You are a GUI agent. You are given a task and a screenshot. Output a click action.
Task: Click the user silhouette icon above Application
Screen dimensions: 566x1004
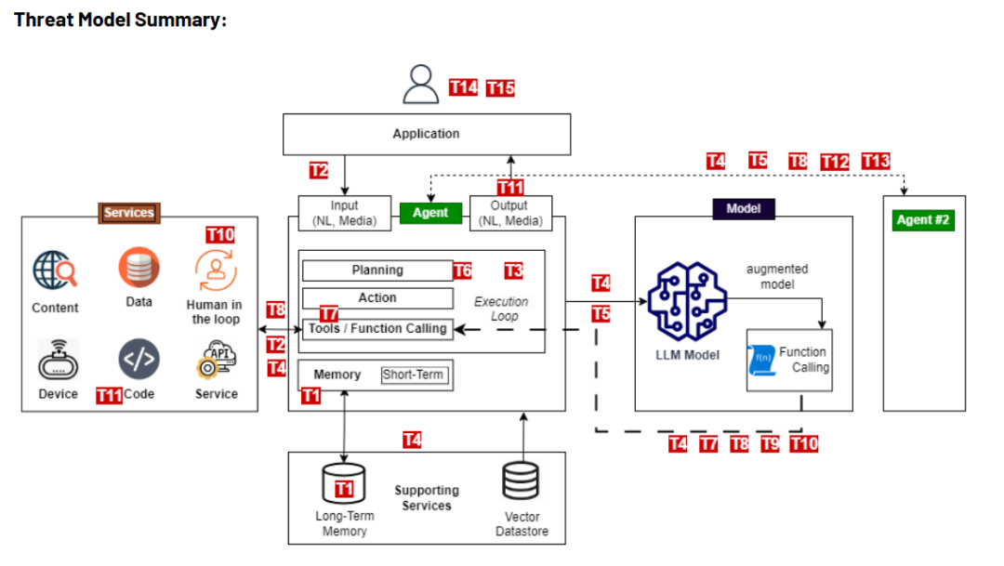click(x=421, y=86)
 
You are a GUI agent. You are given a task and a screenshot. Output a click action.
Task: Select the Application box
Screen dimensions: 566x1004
click(x=427, y=134)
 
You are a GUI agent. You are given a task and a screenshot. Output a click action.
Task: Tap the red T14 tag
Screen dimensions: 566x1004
click(x=463, y=87)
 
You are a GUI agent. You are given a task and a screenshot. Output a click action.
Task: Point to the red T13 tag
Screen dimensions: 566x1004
click(x=876, y=161)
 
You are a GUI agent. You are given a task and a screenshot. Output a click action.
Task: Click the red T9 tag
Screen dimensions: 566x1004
click(x=770, y=443)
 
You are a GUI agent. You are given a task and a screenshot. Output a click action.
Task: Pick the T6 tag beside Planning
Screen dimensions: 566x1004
click(x=462, y=270)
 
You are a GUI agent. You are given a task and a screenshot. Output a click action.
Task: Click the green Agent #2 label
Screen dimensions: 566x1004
click(x=922, y=220)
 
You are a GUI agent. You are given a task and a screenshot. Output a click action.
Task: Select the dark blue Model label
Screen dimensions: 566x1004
click(x=744, y=209)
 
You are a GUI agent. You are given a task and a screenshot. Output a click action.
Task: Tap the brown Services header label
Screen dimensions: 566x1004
click(x=128, y=213)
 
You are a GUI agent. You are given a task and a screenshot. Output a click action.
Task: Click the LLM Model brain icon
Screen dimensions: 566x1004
click(x=688, y=301)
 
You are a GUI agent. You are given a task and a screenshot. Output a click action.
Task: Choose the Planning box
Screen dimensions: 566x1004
click(x=377, y=270)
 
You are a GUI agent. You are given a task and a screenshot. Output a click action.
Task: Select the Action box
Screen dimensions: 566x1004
click(x=377, y=298)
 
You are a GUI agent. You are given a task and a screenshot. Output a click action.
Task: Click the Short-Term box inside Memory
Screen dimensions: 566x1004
click(x=414, y=375)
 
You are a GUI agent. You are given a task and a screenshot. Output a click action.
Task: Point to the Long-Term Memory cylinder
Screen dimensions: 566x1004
click(x=344, y=481)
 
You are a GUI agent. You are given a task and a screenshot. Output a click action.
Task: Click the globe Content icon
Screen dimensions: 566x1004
click(x=55, y=270)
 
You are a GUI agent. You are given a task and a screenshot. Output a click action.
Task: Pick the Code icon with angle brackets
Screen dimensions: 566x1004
click(x=139, y=358)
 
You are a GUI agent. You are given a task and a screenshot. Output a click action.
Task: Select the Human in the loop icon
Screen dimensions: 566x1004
click(x=215, y=270)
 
